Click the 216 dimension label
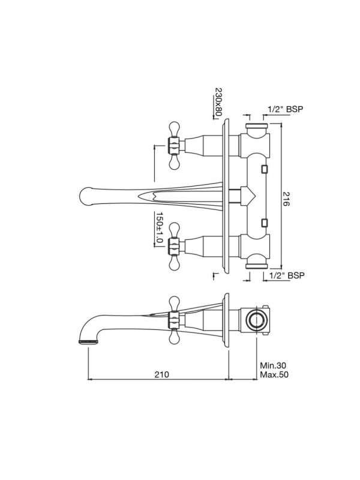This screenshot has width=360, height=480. coord(286,199)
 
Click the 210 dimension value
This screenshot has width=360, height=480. coord(161,374)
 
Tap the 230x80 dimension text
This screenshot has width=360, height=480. coord(218,102)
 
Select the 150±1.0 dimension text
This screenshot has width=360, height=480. coord(159,227)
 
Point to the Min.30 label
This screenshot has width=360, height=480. coord(273,365)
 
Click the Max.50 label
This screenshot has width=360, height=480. coord(274,374)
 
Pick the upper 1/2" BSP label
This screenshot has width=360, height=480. coord(286,109)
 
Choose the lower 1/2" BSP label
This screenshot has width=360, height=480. coord(287,275)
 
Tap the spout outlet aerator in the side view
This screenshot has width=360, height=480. coord(88,341)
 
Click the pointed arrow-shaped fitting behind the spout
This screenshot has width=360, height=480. coord(248,196)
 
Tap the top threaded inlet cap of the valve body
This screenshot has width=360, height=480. coord(257,125)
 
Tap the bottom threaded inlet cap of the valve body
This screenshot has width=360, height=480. coord(257,266)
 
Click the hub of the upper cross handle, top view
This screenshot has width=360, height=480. coord(173,145)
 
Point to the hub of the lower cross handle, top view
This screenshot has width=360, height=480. coord(173,247)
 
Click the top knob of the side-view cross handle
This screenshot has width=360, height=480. coord(174,304)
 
